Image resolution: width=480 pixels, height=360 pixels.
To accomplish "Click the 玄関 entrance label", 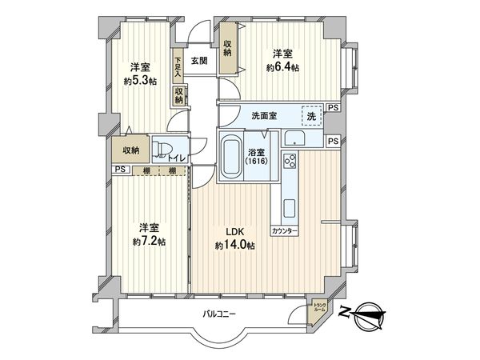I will click(x=199, y=61).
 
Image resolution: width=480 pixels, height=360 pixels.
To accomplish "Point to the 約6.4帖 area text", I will click(x=282, y=68).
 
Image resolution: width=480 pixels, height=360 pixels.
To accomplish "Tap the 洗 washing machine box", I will click(x=312, y=115).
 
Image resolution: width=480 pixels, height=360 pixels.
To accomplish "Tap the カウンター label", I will click(x=285, y=230).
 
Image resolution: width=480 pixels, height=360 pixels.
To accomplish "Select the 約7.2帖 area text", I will click(x=150, y=241).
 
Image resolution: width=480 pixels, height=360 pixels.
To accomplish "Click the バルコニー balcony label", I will click(x=218, y=314).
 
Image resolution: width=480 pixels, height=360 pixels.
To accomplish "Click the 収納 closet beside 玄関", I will click(x=228, y=47).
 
